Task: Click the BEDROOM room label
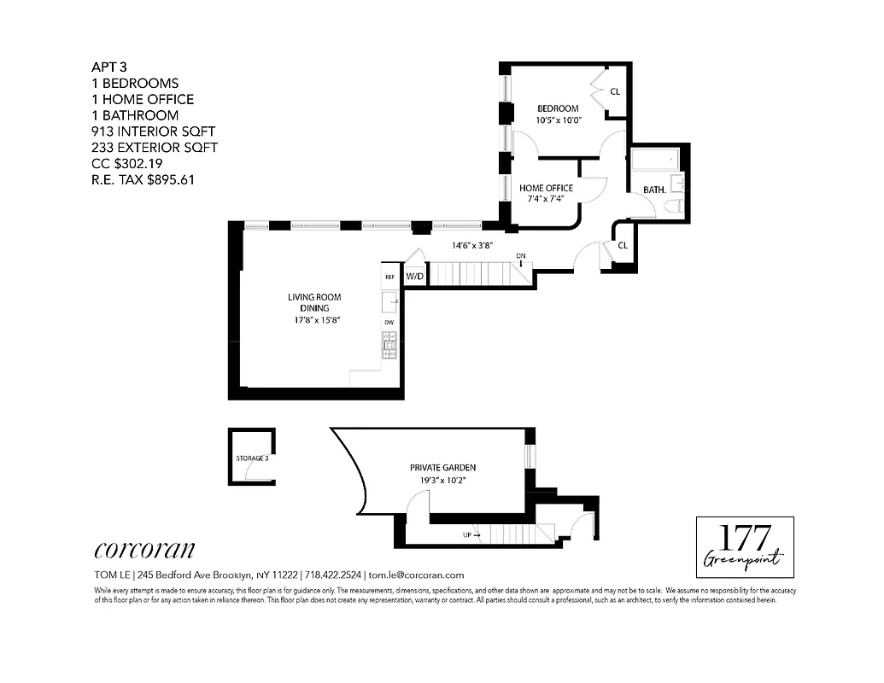(x=558, y=108)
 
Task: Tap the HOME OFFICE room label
(x=547, y=188)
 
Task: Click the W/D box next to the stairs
(x=415, y=277)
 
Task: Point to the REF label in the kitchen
(x=389, y=277)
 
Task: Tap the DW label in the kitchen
(x=389, y=322)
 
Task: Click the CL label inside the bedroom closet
(x=615, y=91)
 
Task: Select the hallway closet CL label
(x=623, y=245)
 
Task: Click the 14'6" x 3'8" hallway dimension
(x=473, y=245)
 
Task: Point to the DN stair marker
(x=520, y=256)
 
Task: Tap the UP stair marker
(x=468, y=535)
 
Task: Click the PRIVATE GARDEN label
(x=442, y=467)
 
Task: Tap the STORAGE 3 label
(x=252, y=458)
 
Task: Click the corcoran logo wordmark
(x=144, y=549)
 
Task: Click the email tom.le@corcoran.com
(x=416, y=575)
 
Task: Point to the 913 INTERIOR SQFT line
(x=154, y=131)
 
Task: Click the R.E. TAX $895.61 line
(x=143, y=180)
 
